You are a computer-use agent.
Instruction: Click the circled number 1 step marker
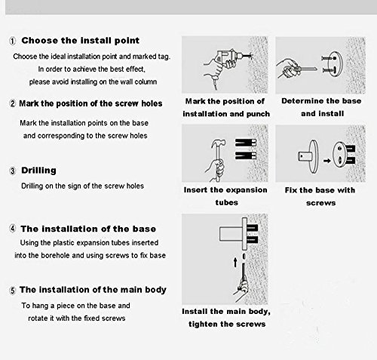point(13,41)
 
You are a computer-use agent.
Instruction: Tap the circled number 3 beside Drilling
point(13,171)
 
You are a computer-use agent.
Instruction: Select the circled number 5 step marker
point(13,291)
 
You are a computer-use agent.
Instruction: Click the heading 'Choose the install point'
point(80,41)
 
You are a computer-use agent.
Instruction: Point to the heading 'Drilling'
point(38,171)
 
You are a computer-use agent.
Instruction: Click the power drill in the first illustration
point(225,60)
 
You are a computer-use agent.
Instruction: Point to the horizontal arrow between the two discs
point(326,161)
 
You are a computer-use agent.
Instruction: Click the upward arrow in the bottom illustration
point(235,262)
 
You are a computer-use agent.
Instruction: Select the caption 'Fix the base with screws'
point(320,196)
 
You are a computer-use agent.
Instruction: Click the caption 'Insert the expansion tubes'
point(225,196)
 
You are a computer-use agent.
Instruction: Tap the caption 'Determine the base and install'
point(321,107)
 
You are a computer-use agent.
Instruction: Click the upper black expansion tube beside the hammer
point(246,143)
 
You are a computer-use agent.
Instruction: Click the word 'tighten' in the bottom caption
point(203,324)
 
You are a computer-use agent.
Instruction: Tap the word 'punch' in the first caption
point(258,114)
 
